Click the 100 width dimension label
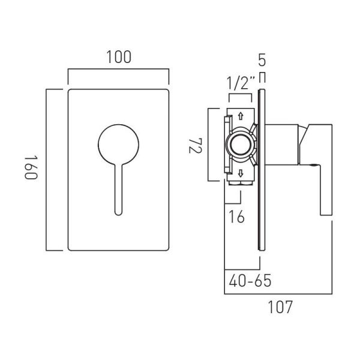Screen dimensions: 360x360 (x=119, y=57)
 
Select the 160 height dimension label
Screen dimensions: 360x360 (x=31, y=167)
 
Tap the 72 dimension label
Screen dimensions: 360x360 (x=196, y=146)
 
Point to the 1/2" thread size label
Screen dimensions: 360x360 (x=241, y=83)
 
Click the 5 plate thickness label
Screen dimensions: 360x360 (x=262, y=60)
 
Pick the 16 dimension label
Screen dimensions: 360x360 (x=236, y=217)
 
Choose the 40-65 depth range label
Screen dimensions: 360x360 (x=250, y=281)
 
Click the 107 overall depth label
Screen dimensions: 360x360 (x=280, y=307)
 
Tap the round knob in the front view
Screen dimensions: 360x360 (x=118, y=145)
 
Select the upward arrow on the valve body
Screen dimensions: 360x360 (x=241, y=116)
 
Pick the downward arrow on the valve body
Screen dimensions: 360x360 (x=241, y=173)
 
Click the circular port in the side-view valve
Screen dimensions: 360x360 (x=241, y=145)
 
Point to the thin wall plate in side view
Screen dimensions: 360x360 (x=262, y=170)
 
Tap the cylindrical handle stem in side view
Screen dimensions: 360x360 (x=282, y=145)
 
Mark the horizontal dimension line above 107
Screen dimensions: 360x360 (x=278, y=293)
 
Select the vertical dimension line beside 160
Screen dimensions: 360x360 (x=46, y=170)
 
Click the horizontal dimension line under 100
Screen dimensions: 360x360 (x=118, y=68)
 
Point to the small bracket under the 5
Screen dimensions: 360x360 (x=262, y=77)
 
